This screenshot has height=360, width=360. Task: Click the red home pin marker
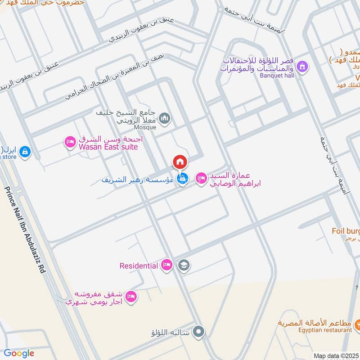(x=180, y=162)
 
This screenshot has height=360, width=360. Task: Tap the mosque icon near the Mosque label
(x=165, y=118)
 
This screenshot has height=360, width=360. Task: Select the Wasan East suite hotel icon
(x=70, y=142)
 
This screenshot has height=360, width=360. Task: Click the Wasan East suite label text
(x=108, y=147)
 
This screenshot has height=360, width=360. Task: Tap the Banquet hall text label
(x=276, y=76)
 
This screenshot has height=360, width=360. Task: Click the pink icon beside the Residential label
(x=167, y=265)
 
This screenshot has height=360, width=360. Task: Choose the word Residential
(x=138, y=265)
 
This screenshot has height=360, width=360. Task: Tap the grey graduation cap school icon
(x=183, y=265)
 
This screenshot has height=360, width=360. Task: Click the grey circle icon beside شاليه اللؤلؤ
(x=198, y=332)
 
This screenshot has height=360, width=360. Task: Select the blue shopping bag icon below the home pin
(x=182, y=179)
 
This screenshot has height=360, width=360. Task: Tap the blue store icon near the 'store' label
(x=25, y=152)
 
